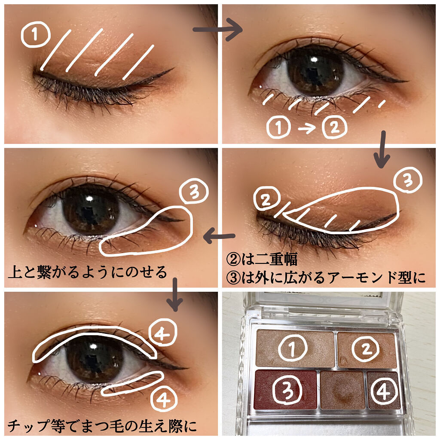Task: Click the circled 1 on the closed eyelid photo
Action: [x=35, y=36]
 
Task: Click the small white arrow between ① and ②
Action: [x=307, y=128]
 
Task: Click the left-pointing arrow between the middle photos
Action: [x=219, y=236]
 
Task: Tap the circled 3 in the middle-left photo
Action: [x=194, y=193]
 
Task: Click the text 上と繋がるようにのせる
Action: [x=87, y=272]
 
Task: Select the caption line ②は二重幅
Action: [x=262, y=260]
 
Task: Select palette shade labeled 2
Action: [x=366, y=348]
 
